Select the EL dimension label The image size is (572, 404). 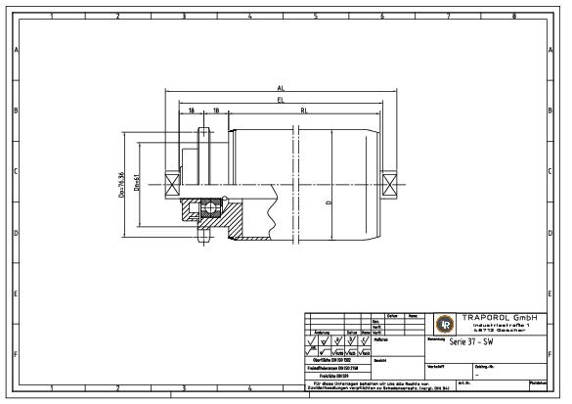[x=281, y=99]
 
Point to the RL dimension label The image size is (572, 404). [x=303, y=110]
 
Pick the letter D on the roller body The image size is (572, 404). [x=329, y=202]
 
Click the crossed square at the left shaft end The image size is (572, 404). [x=172, y=183]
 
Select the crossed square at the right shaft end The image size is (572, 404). [x=390, y=183]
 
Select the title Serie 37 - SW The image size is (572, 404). [x=471, y=343]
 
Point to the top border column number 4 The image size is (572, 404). [x=248, y=17]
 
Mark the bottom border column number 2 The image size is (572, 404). [x=116, y=388]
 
